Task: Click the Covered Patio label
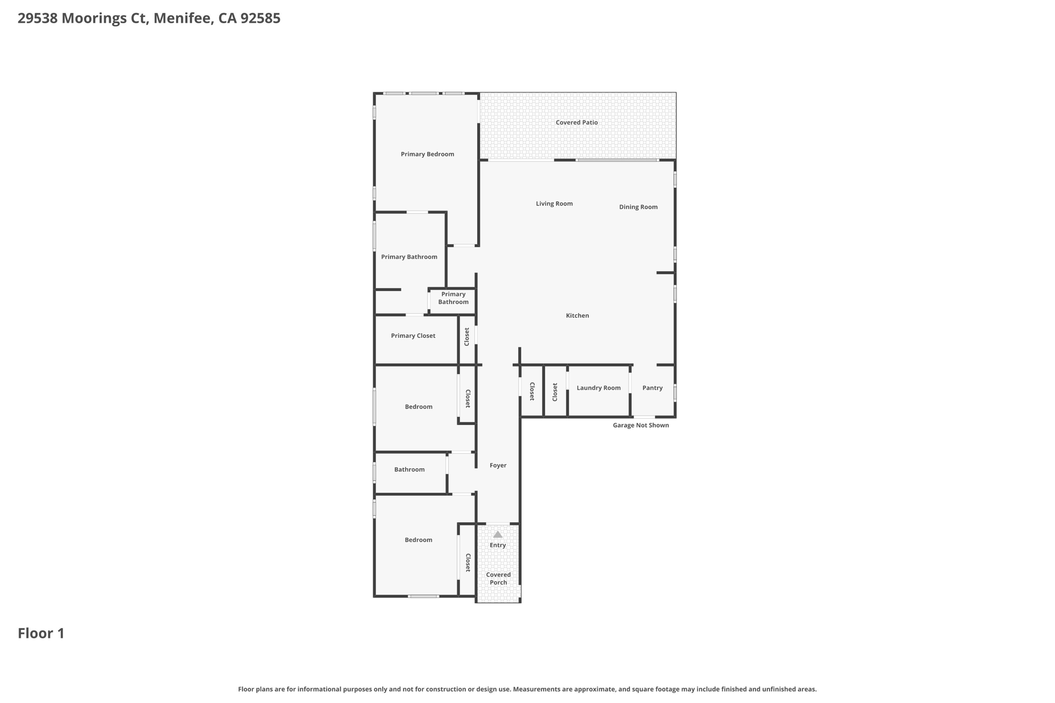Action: tap(576, 123)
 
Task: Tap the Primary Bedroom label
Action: tap(427, 154)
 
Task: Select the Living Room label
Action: tap(554, 203)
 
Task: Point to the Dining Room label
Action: tap(638, 207)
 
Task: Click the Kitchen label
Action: tap(577, 316)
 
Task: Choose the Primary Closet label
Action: tap(413, 336)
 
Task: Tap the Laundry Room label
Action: tap(598, 388)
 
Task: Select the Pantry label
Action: tap(652, 388)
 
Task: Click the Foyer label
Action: tap(498, 466)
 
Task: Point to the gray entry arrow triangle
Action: tap(498, 535)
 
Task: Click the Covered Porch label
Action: tap(498, 578)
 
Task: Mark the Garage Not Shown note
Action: tap(640, 425)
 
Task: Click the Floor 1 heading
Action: tap(41, 633)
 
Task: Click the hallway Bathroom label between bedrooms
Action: tap(409, 470)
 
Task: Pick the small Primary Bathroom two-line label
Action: tap(453, 298)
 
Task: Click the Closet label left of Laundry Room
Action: tap(555, 392)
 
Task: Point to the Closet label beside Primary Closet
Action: tap(467, 337)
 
